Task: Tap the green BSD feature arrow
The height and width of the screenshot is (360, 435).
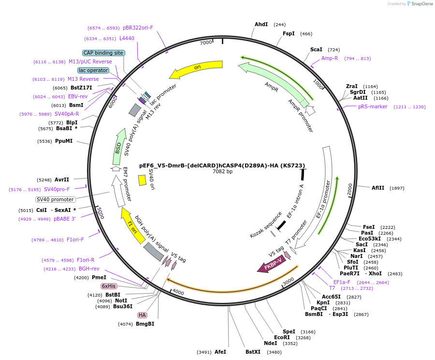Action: [118, 147]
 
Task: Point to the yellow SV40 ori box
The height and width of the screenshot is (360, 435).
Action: [142, 180]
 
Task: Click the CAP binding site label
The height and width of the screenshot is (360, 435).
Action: [103, 53]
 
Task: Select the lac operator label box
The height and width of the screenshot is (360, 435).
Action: [93, 70]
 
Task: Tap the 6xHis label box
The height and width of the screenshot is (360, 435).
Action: [108, 286]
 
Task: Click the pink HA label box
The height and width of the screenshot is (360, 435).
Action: [142, 315]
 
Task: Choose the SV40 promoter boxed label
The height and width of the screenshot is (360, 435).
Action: [56, 199]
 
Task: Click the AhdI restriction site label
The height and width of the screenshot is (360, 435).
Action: [261, 25]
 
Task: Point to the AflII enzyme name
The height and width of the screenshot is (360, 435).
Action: [378, 188]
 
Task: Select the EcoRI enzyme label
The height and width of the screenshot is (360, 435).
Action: [282, 337]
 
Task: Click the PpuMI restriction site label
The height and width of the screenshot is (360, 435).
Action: [64, 141]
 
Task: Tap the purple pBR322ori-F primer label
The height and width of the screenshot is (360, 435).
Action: [138, 28]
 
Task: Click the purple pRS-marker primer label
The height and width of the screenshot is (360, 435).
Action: [373, 106]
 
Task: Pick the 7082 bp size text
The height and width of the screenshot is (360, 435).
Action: [222, 171]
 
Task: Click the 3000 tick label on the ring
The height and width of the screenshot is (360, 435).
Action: [288, 282]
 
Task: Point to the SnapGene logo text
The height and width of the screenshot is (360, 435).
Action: [421, 3]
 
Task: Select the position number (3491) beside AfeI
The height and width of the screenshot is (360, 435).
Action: [204, 352]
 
